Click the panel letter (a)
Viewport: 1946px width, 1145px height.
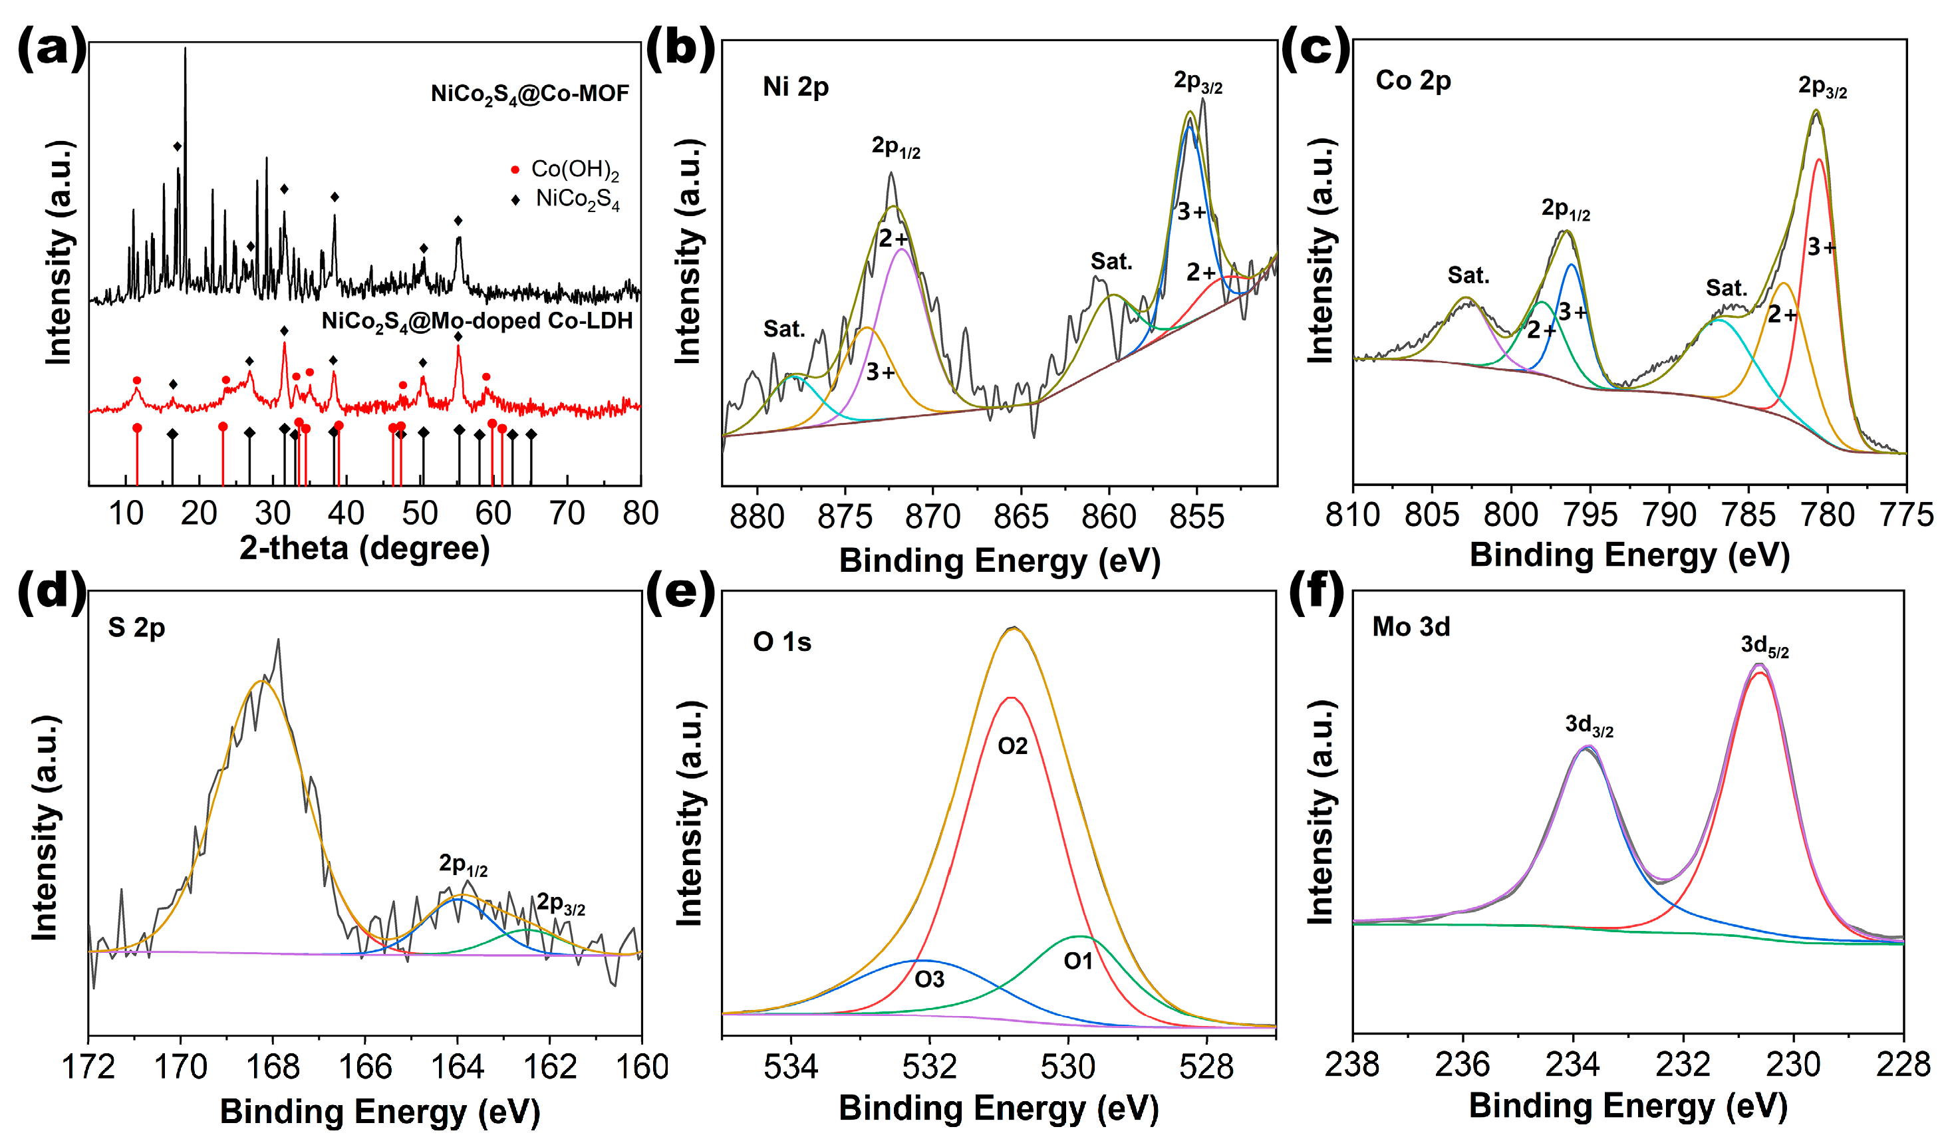(x=52, y=48)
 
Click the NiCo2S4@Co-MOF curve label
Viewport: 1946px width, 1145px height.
(x=530, y=94)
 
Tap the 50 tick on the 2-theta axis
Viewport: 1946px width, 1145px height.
(x=420, y=513)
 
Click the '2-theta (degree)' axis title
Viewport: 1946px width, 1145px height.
(x=364, y=548)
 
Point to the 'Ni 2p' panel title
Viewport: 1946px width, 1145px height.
(x=795, y=86)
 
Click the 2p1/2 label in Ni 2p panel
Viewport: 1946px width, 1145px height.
(x=896, y=147)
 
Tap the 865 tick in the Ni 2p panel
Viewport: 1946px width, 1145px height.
(x=1021, y=517)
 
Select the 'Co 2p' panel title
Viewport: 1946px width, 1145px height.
(x=1413, y=81)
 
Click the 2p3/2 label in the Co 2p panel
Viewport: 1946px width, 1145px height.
(x=1822, y=86)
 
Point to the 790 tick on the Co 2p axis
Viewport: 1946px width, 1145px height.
(x=1669, y=515)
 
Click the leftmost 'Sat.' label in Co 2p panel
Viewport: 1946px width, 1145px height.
(x=1468, y=276)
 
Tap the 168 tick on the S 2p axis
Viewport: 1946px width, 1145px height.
(x=273, y=1067)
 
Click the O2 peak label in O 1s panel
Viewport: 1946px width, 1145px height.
(x=1012, y=746)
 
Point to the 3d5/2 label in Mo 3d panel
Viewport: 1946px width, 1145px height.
(x=1764, y=646)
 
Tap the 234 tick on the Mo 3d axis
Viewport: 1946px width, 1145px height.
(x=1572, y=1065)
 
